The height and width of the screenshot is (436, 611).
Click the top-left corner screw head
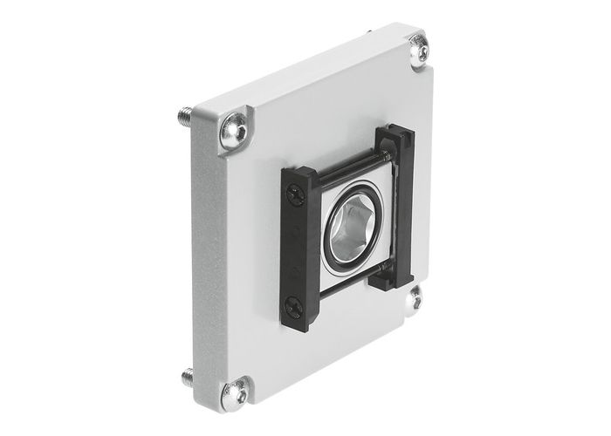[x=234, y=127]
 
